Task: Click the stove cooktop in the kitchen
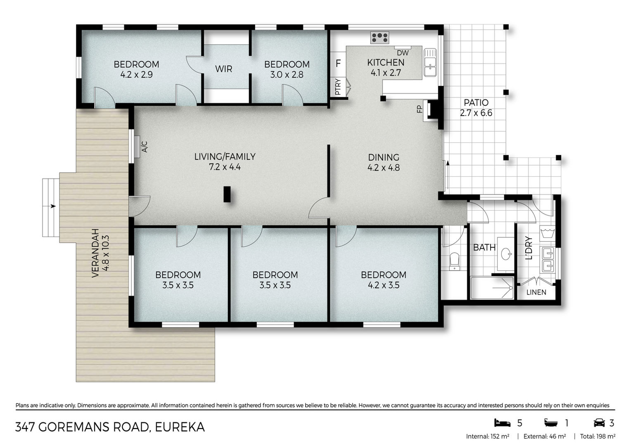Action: [x=380, y=38]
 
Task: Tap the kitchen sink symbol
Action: [x=430, y=62]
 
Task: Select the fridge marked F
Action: [x=338, y=64]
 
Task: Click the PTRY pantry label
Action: [x=338, y=87]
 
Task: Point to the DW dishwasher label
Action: [x=403, y=53]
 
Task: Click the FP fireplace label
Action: [x=420, y=109]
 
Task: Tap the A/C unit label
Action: [x=144, y=147]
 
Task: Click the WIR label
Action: [x=223, y=69]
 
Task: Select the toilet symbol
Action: [x=454, y=261]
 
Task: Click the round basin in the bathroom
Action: [x=506, y=254]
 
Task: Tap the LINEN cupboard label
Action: [x=536, y=292]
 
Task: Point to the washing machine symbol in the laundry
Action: [x=548, y=234]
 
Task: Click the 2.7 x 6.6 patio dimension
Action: [x=476, y=113]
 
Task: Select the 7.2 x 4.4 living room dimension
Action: [x=225, y=167]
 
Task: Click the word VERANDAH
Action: [x=95, y=253]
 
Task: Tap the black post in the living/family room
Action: [x=227, y=194]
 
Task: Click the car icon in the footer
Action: [x=599, y=423]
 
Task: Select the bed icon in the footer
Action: [x=502, y=423]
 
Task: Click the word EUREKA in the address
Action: [x=180, y=427]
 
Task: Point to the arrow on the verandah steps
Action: [x=53, y=206]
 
